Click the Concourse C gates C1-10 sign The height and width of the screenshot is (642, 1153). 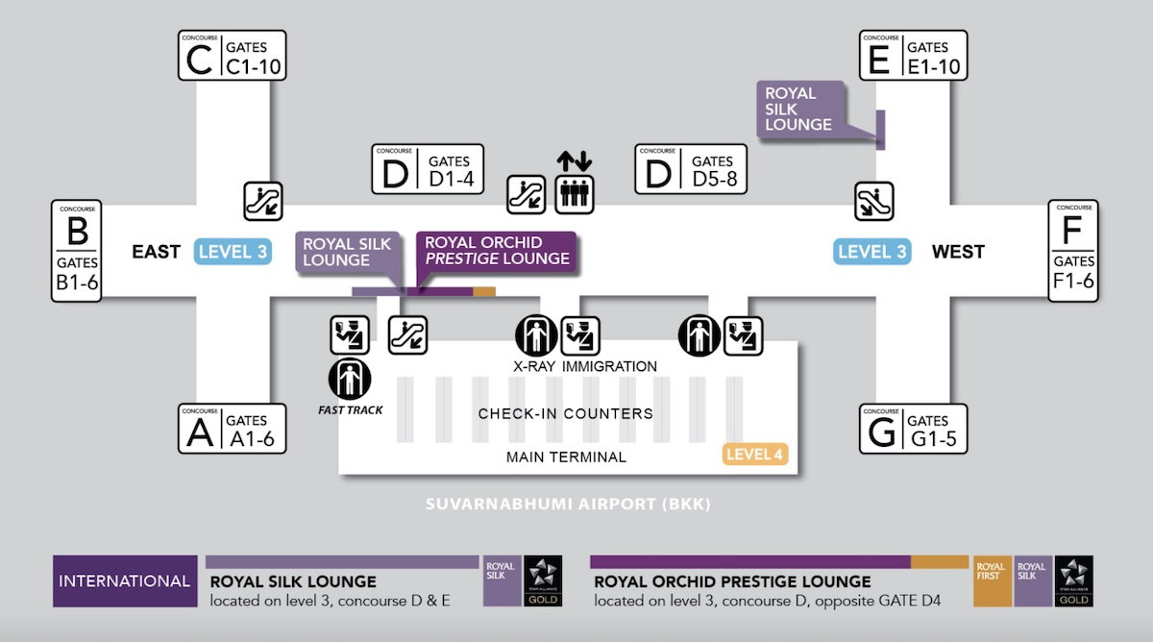pyautogui.click(x=233, y=57)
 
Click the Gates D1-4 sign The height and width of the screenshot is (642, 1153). pyautogui.click(x=428, y=170)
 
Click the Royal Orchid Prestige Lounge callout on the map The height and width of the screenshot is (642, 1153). pyautogui.click(x=497, y=252)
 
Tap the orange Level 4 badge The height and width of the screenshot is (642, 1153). pyautogui.click(x=754, y=454)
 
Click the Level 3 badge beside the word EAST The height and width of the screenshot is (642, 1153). pyautogui.click(x=233, y=252)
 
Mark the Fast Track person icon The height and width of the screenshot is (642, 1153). pyautogui.click(x=349, y=380)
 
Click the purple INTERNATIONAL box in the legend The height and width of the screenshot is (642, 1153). pyautogui.click(x=124, y=580)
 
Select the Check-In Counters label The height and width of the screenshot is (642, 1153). pyautogui.click(x=566, y=413)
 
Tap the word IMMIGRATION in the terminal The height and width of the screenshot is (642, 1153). pyautogui.click(x=609, y=366)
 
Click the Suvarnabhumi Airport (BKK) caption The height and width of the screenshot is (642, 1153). pyautogui.click(x=568, y=504)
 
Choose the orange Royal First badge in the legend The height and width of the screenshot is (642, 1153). pyautogui.click(x=991, y=580)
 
